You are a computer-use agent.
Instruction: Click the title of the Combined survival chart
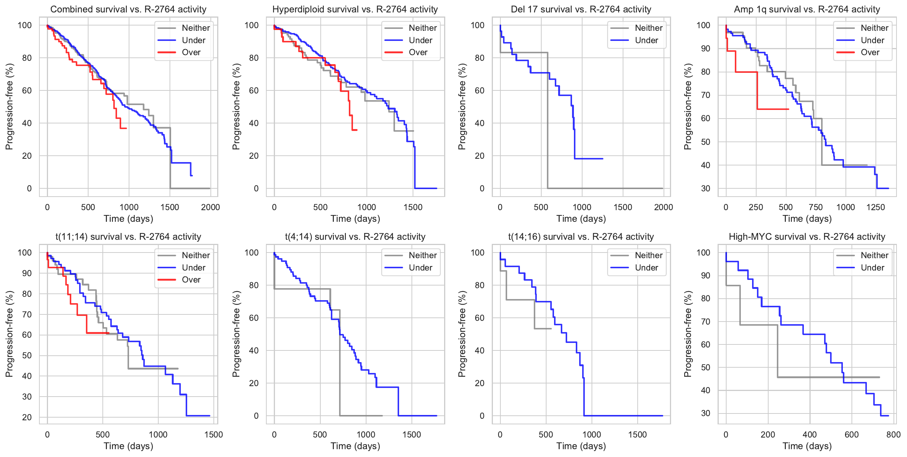(128, 9)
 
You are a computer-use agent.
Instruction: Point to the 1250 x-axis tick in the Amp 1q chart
(875, 207)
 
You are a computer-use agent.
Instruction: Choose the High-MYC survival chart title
(807, 237)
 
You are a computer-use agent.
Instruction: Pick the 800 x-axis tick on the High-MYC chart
(893, 434)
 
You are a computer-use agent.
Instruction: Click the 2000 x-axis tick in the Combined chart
(210, 207)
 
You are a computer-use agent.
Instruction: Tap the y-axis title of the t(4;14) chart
(236, 334)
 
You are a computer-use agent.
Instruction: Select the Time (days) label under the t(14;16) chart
(581, 446)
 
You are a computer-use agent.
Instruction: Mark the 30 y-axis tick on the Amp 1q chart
(706, 188)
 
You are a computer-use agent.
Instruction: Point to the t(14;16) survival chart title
(581, 237)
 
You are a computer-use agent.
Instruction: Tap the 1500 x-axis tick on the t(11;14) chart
(213, 434)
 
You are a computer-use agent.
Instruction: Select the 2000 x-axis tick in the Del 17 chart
(663, 207)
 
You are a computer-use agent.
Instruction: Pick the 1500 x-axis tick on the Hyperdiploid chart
(413, 207)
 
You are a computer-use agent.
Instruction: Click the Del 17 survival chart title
(581, 9)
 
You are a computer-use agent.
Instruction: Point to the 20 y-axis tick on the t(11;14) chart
(27, 417)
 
